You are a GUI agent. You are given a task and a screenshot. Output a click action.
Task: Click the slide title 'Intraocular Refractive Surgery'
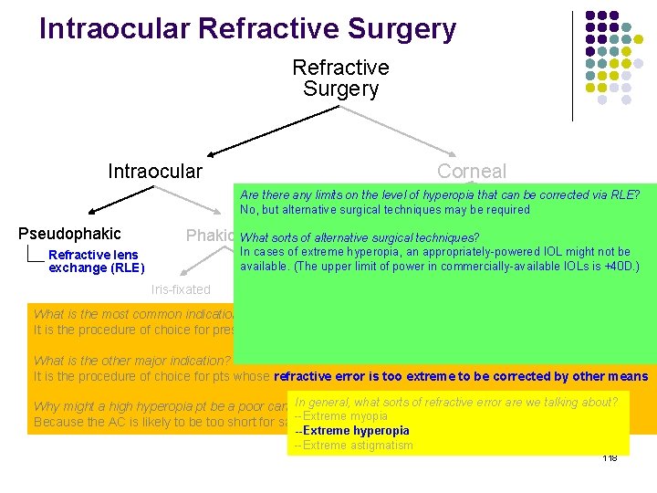point(247,29)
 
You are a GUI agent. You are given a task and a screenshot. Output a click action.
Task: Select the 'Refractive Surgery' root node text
point(340,79)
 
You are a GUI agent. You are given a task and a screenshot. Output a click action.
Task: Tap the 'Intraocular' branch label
point(155,171)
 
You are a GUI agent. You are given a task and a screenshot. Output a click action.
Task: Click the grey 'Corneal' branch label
point(471,171)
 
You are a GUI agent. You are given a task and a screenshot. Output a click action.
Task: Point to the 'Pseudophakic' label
point(69,234)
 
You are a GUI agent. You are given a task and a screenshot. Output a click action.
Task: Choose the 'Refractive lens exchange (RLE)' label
point(96,261)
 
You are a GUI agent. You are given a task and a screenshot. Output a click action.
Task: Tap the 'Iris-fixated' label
point(180,289)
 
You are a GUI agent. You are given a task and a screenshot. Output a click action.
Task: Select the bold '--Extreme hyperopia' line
point(351,430)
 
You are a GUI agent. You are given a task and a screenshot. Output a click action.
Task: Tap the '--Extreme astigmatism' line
point(353,446)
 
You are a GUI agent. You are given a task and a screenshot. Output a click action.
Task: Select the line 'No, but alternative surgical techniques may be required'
point(384,209)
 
